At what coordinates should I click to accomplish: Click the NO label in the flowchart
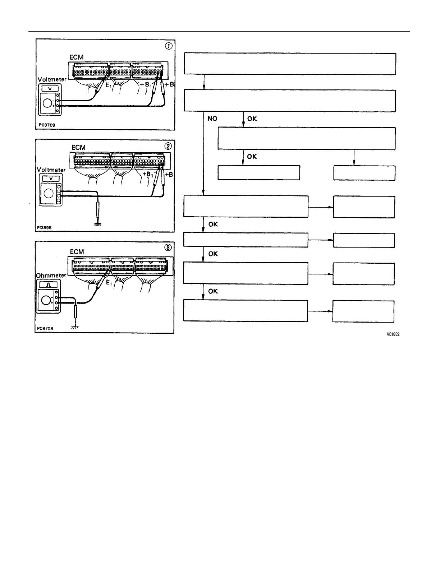point(212,119)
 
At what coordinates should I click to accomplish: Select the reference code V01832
point(393,334)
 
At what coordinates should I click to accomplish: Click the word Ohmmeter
point(51,275)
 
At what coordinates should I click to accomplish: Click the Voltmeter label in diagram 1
point(52,79)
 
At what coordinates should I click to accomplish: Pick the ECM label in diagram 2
point(78,147)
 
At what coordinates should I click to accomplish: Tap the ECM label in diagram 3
point(77,252)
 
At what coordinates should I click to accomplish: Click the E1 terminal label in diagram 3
point(109,283)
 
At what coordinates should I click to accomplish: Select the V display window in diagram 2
point(50,179)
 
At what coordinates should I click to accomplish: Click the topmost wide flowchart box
point(290,64)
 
